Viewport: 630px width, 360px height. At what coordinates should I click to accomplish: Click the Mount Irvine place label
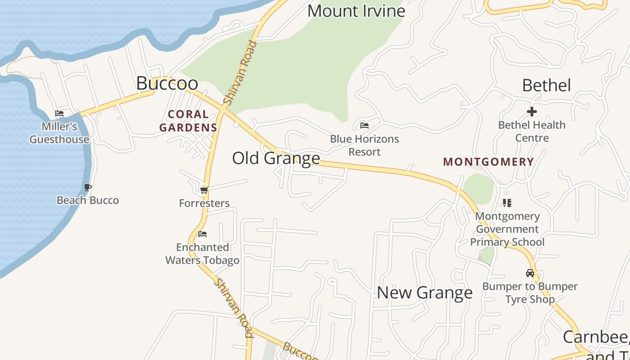[356, 11]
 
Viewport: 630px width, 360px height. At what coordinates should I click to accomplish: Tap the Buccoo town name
[167, 83]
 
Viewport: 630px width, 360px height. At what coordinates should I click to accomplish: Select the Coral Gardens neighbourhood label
[188, 121]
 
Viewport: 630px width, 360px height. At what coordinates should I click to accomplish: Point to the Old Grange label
[276, 158]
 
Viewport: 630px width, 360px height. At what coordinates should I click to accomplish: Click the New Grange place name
[424, 292]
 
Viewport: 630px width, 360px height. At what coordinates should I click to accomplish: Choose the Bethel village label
[546, 85]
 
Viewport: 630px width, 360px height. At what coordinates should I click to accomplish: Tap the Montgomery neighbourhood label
[488, 162]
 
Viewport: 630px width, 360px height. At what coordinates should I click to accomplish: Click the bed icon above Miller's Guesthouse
[59, 113]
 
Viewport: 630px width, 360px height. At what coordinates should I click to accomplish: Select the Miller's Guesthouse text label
[59, 133]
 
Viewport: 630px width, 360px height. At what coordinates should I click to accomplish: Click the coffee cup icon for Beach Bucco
[88, 187]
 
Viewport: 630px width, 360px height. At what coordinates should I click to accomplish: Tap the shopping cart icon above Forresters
[204, 190]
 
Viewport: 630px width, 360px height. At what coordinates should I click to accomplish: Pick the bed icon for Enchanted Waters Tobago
[202, 234]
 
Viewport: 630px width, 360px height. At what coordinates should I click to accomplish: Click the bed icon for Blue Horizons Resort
[364, 125]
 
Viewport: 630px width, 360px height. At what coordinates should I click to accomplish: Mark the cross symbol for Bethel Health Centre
[532, 111]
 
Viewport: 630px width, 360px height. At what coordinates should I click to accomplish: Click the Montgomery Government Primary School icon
[507, 203]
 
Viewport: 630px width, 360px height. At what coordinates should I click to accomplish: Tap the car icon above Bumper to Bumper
[530, 273]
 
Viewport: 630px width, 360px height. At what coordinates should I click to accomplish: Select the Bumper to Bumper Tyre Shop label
[530, 292]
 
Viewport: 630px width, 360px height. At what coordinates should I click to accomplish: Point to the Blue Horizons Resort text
[364, 145]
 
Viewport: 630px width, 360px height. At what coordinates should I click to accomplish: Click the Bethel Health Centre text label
[532, 131]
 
